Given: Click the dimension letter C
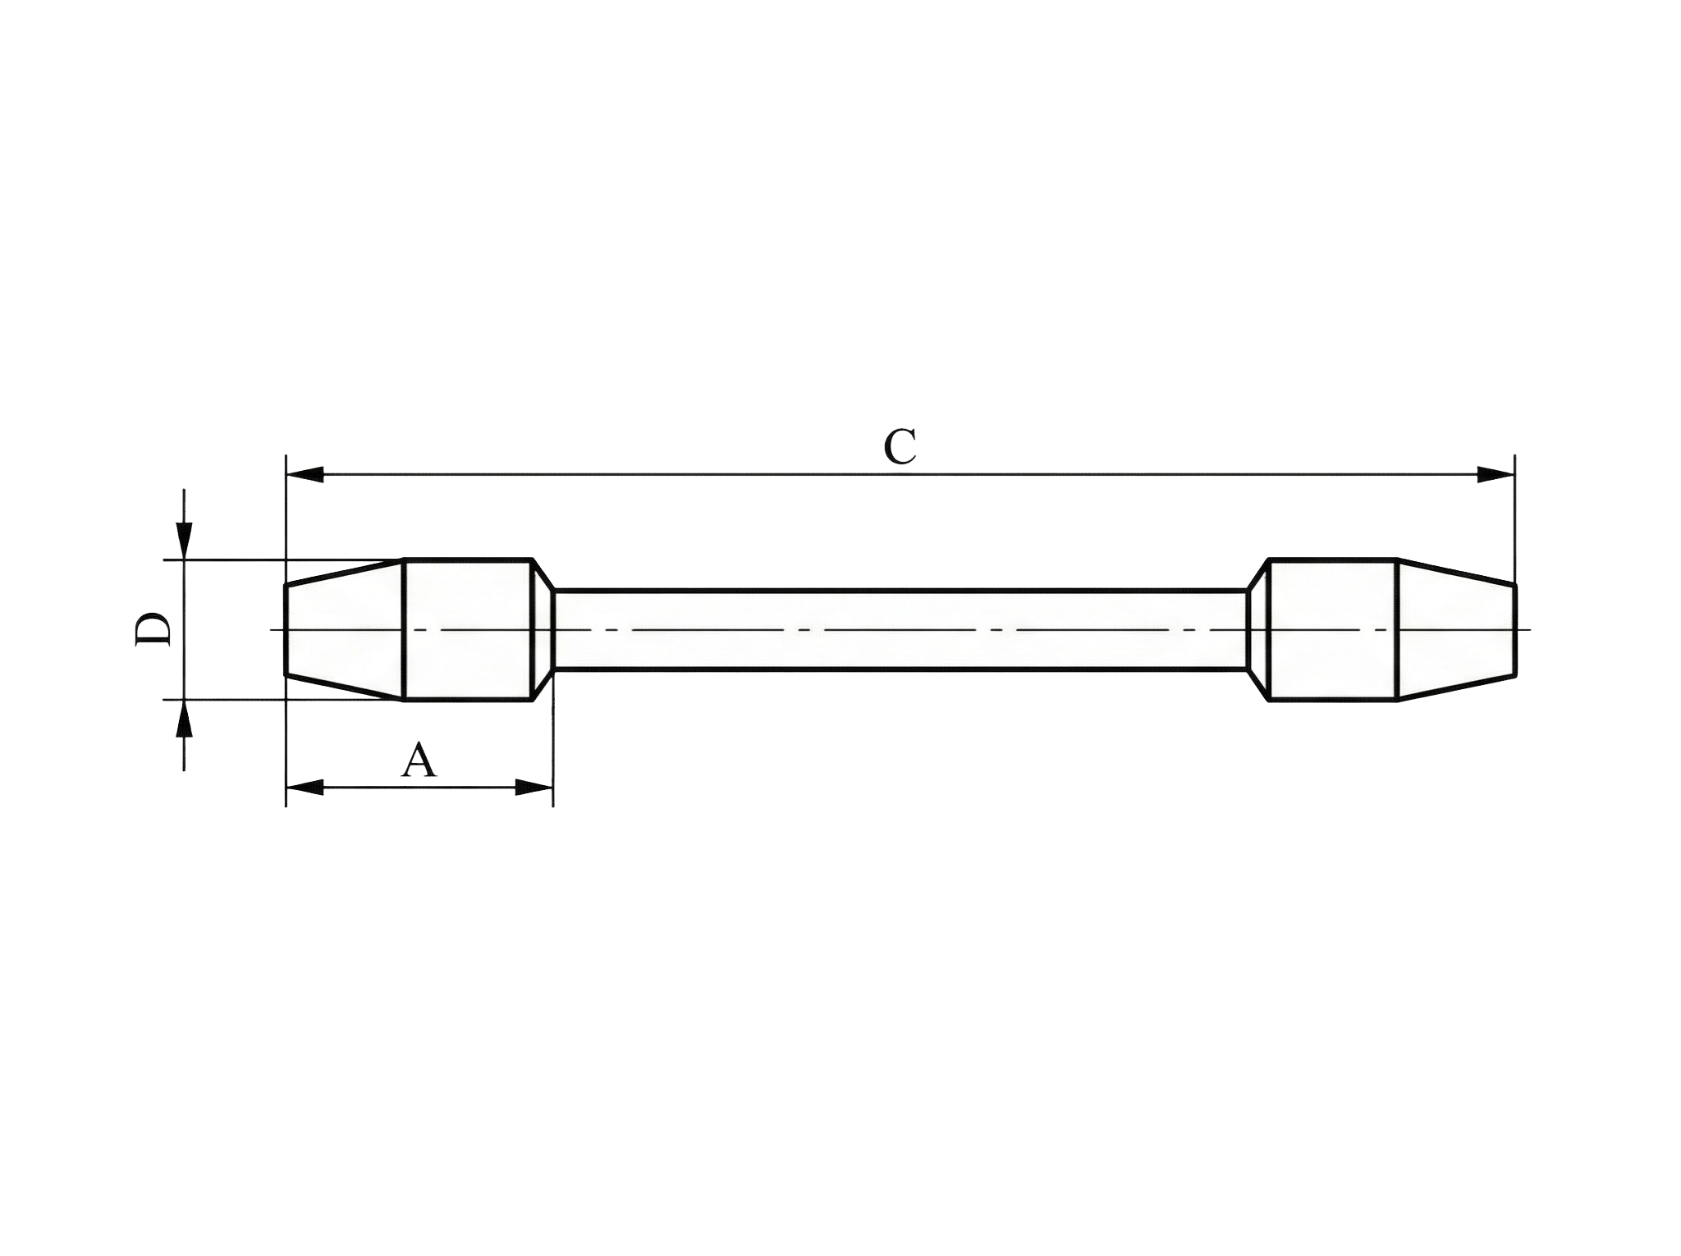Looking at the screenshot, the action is [x=900, y=447].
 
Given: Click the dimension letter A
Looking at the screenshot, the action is [x=419, y=760].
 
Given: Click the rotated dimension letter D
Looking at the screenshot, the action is [x=153, y=629].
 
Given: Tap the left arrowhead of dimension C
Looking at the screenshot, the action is [x=304, y=474].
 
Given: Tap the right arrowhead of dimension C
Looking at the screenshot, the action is [x=1495, y=474].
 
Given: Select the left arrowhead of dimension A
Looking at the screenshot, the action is [x=304, y=788].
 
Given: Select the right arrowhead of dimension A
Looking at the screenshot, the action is [x=534, y=788].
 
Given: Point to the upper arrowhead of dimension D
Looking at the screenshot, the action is [x=185, y=541].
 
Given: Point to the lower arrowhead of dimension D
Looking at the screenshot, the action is [x=185, y=719].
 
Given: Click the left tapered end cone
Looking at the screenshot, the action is [x=344, y=630].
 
